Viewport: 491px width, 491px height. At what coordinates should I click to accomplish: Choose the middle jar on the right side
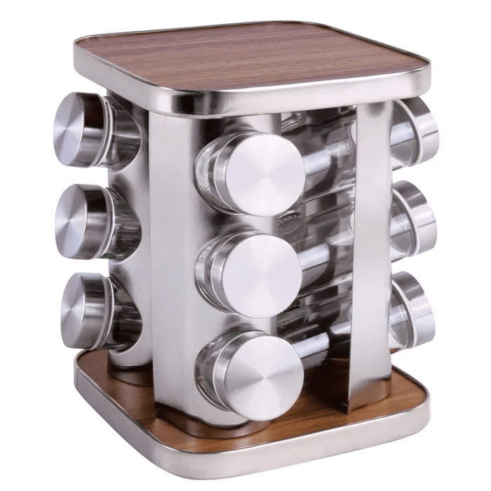coord(414,220)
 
